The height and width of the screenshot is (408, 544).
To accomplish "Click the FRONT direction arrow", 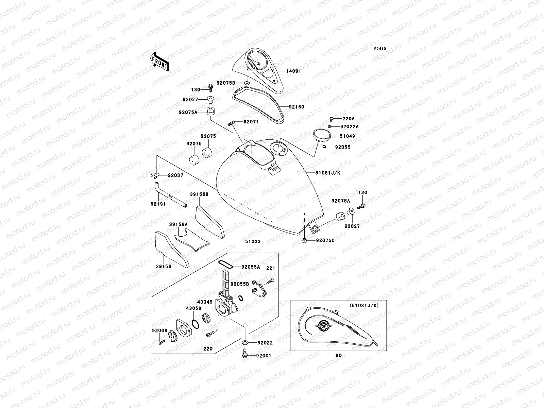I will tap(159, 61).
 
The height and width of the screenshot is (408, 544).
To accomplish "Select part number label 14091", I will tap(293, 71).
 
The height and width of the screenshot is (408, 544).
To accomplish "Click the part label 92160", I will tap(296, 107).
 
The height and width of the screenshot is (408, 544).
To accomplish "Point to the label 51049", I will tap(347, 136).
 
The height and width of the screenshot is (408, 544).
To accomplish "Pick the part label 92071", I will tap(251, 121).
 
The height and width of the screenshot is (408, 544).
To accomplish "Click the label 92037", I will tap(175, 175).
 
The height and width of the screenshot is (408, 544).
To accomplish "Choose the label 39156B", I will tap(199, 194).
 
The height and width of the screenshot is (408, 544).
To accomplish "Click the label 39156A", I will tap(178, 224).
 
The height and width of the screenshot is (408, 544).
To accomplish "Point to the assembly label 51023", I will tap(253, 241).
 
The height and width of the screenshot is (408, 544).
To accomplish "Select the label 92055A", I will tap(251, 267).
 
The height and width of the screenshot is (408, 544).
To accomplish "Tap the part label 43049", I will tap(205, 302).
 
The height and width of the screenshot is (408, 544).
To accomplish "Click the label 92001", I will tap(264, 356).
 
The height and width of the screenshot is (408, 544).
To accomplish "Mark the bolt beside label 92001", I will tap(244, 355).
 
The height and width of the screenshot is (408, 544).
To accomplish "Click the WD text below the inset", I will tap(338, 355).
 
